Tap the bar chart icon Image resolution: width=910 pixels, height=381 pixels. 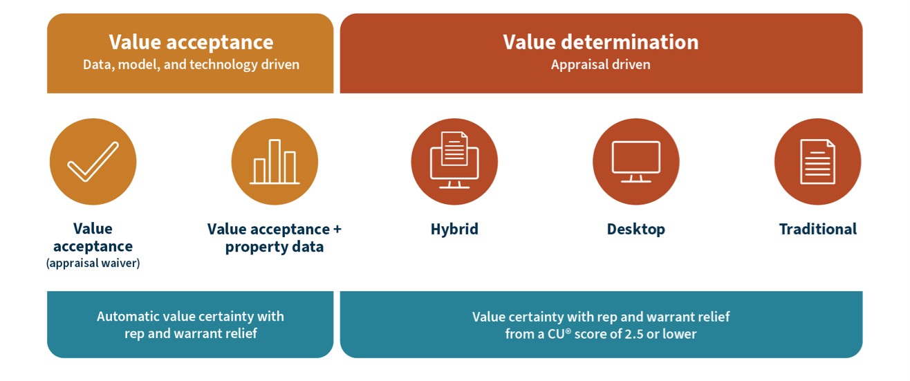275,162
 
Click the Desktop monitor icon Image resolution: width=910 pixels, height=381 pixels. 635,161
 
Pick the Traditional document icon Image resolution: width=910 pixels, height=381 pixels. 817,162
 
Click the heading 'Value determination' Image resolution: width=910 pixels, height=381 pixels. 600,42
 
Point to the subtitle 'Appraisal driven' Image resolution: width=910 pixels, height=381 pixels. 600,64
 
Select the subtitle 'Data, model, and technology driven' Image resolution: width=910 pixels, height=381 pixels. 191,64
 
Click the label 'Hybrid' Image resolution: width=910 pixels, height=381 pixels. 454,229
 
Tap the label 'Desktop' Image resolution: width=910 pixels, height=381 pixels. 635,229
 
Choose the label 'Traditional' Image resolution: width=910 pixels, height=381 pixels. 818,229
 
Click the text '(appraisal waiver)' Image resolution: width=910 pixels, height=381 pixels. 93,263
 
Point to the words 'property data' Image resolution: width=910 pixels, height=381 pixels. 275,247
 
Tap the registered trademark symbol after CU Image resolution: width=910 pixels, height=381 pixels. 568,331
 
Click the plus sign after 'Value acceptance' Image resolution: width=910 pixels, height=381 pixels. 337,230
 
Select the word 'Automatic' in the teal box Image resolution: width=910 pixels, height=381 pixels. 128,317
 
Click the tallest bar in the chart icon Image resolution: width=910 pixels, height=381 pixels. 275,161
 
